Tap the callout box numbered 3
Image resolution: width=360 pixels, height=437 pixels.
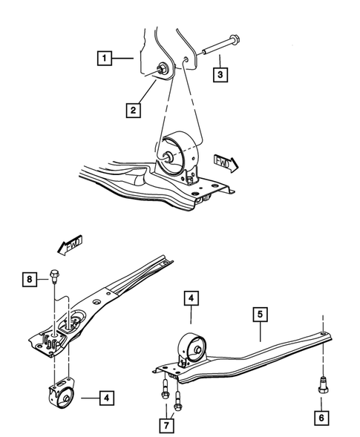coord(220,74)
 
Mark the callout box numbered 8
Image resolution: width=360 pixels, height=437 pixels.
coord(29,279)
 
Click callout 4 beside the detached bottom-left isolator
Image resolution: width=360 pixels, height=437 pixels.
coord(108,398)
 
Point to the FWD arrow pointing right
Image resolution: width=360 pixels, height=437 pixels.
coord(226,162)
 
